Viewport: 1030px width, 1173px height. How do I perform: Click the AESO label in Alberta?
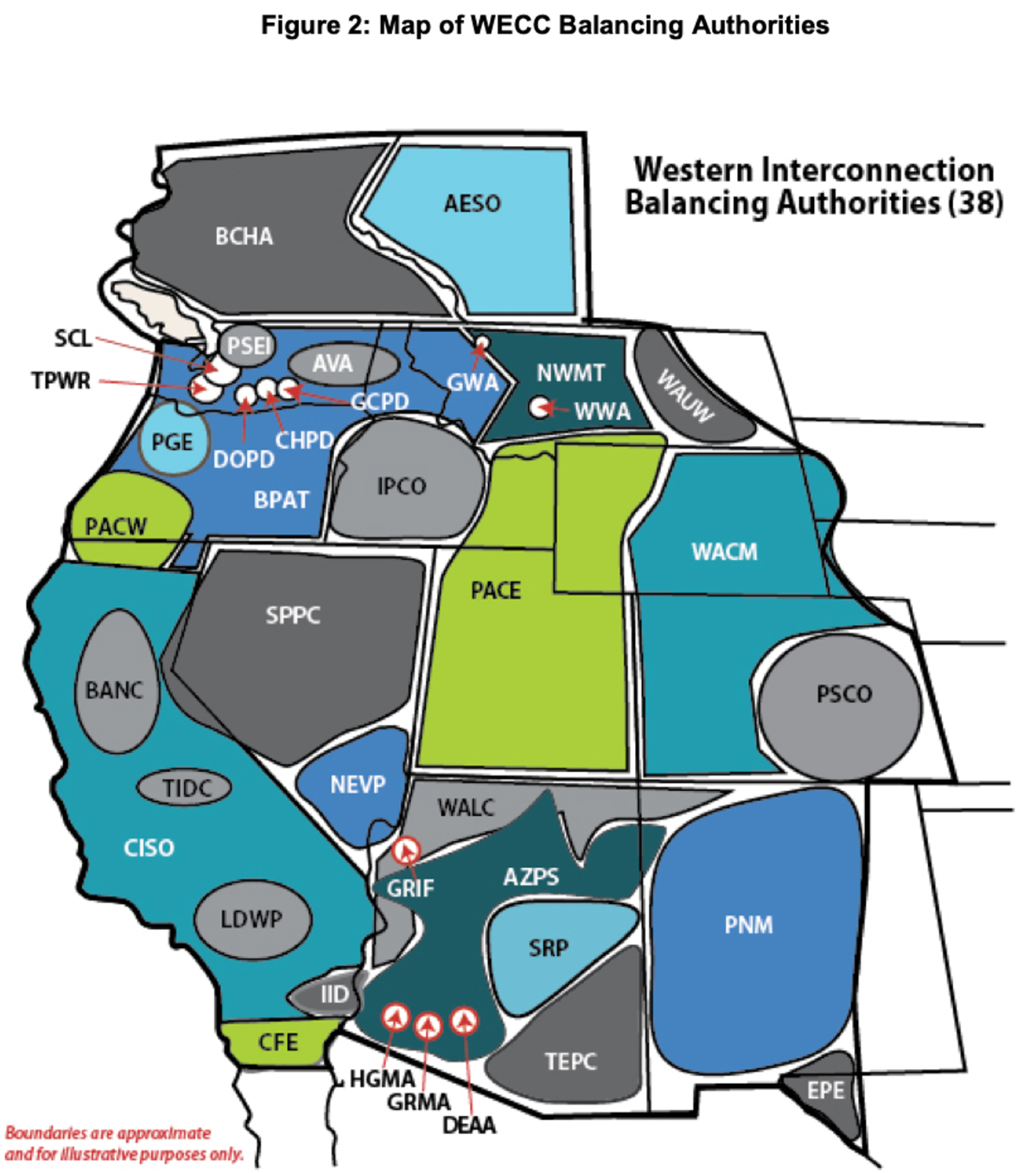(x=473, y=203)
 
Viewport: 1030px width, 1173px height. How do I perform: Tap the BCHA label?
(x=244, y=236)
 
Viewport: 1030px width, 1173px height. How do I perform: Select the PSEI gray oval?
(x=248, y=345)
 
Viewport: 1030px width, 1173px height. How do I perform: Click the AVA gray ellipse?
(x=343, y=363)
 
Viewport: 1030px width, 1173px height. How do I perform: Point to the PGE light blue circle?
(x=173, y=442)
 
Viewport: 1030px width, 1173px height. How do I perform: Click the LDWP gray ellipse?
(x=252, y=919)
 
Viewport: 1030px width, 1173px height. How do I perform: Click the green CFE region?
(x=277, y=1042)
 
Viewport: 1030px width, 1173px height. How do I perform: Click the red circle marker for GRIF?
(x=405, y=851)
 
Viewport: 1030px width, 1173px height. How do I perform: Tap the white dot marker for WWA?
(x=541, y=407)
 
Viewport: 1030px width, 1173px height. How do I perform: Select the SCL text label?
(x=73, y=338)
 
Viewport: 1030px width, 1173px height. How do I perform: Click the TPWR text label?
(x=62, y=381)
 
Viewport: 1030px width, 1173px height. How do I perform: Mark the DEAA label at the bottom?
(x=470, y=1125)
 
